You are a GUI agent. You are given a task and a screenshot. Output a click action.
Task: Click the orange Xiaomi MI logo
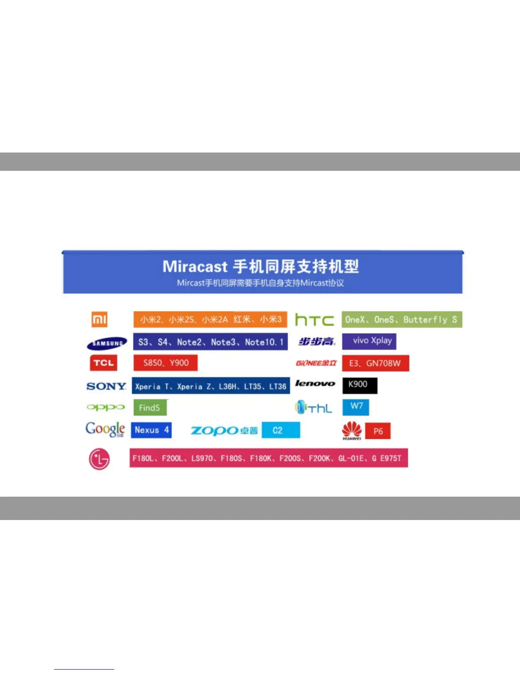click(x=99, y=320)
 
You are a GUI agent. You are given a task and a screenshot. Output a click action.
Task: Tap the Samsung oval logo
click(x=107, y=343)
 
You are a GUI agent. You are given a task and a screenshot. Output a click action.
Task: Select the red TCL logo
click(x=103, y=363)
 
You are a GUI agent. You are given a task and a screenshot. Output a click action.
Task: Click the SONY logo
click(x=106, y=386)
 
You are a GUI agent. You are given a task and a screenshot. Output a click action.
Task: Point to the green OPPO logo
click(x=106, y=407)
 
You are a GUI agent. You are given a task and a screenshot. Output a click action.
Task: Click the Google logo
click(x=105, y=430)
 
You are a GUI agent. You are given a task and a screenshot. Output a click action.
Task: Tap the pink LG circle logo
click(x=99, y=459)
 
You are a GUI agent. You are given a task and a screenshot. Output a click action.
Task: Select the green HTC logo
click(x=315, y=320)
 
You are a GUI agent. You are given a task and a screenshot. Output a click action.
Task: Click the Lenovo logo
click(x=315, y=383)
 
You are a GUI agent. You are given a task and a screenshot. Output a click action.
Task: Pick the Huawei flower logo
click(x=352, y=430)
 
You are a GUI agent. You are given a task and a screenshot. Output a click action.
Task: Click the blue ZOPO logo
click(x=224, y=430)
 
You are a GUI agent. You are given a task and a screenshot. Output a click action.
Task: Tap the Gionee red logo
click(x=316, y=363)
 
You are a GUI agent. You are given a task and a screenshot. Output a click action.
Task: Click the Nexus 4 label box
click(x=151, y=430)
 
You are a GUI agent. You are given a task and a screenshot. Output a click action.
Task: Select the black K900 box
click(x=360, y=386)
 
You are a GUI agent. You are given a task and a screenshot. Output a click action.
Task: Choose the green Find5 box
click(x=150, y=407)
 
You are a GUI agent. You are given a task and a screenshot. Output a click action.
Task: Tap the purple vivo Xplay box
click(x=369, y=341)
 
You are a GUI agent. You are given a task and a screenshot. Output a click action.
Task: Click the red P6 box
click(x=378, y=431)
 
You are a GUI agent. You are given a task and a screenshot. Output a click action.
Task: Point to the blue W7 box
click(x=356, y=407)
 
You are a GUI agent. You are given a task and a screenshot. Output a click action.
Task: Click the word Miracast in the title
click(x=195, y=266)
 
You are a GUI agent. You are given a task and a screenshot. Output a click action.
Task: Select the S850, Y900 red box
click(x=166, y=363)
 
